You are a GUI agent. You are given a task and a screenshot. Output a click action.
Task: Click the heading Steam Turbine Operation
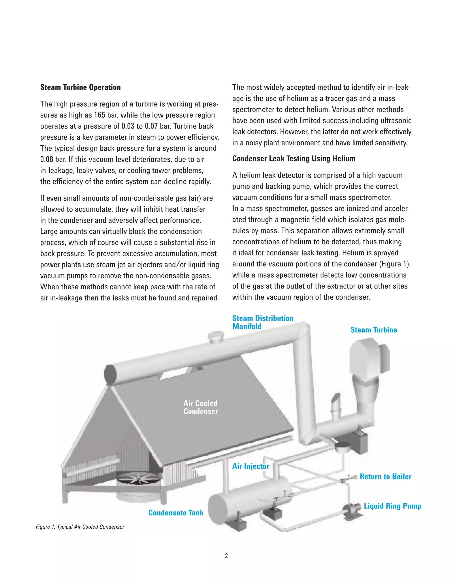tap(80, 87)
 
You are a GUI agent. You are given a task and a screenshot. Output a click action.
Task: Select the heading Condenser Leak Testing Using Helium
tap(294, 159)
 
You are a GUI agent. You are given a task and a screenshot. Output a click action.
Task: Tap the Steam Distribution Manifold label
tap(262, 322)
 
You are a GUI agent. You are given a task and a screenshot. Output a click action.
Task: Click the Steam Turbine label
tap(374, 330)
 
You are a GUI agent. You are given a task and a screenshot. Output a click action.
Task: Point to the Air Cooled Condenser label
tap(201, 407)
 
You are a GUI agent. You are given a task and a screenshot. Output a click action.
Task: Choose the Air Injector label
tap(251, 466)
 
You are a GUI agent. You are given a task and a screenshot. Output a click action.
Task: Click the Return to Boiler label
tap(385, 477)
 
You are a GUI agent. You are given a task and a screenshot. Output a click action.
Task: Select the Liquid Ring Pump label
tap(392, 506)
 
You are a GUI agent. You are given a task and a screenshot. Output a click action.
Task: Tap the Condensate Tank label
tap(176, 513)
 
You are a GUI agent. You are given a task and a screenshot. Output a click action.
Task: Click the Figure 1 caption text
tap(80, 527)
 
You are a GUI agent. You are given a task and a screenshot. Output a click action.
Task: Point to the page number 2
tap(226, 556)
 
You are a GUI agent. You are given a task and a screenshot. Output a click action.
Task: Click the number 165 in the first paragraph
tap(99, 115)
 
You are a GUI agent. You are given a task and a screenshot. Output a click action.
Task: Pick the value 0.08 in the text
tap(47, 159)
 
